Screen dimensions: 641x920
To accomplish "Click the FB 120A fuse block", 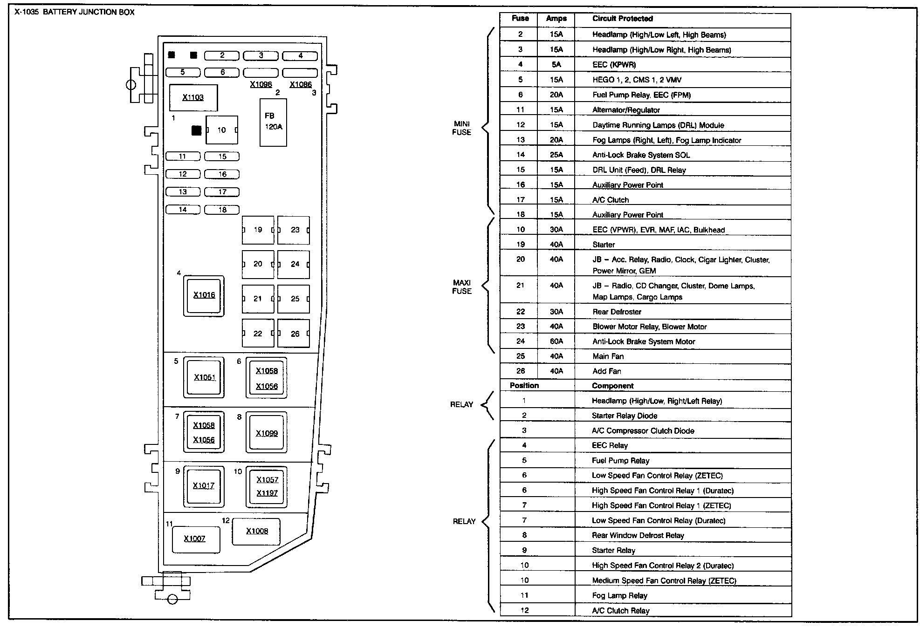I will (x=273, y=122).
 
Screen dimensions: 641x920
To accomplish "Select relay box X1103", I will (x=193, y=97).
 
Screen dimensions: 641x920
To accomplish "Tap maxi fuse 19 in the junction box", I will (x=258, y=230).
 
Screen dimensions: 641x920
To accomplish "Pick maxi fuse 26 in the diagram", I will (x=294, y=334).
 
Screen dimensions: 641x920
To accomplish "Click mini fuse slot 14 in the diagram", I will (x=183, y=210).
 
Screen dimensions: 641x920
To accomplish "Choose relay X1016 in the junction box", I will (x=204, y=295).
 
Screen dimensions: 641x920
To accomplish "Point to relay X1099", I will (x=267, y=433).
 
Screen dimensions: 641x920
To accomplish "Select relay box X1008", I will (x=256, y=531).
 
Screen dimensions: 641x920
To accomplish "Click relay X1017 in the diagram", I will (x=204, y=486).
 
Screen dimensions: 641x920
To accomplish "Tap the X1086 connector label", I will (x=301, y=84).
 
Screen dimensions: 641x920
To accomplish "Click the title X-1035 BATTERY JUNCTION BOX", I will (x=75, y=12).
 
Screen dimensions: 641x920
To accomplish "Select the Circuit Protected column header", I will (x=622, y=19).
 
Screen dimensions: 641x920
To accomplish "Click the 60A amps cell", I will (x=556, y=341).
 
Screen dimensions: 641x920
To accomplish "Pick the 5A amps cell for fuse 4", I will (x=556, y=65).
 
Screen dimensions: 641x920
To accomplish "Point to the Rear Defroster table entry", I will (x=617, y=312).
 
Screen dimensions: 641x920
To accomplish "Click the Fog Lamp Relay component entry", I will (x=619, y=595).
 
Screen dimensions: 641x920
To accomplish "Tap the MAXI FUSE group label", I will (x=461, y=287).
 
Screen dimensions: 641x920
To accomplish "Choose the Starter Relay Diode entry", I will (x=625, y=416).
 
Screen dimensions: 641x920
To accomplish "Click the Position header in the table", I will (x=524, y=386).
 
